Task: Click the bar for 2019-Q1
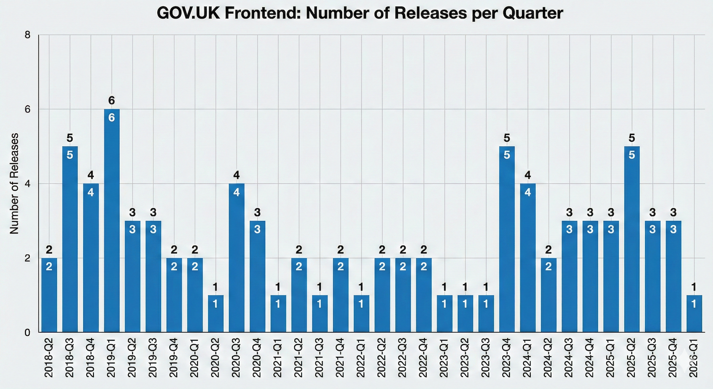point(112,220)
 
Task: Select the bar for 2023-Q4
point(507,239)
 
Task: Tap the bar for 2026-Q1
point(694,313)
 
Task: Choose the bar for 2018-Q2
point(49,295)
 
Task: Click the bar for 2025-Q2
point(632,239)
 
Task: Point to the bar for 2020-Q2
point(216,313)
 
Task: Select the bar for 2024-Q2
point(549,295)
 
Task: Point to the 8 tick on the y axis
point(27,35)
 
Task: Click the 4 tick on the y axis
point(27,184)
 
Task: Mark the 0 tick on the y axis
point(27,333)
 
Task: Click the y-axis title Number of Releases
point(14,183)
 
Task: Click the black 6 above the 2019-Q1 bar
point(111,101)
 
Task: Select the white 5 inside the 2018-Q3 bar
point(70,155)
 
